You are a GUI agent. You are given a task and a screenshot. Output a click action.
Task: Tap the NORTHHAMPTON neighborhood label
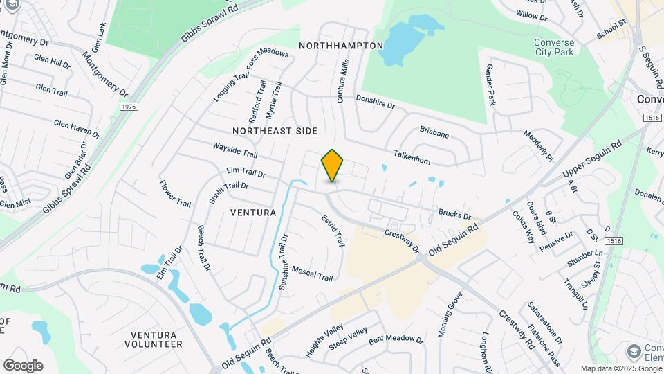[x=341, y=45]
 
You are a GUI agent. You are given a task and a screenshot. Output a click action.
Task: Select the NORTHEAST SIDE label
[x=275, y=130]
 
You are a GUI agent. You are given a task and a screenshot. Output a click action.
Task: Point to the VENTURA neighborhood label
[x=253, y=212]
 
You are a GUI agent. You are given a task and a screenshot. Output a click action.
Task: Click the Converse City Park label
[x=553, y=47]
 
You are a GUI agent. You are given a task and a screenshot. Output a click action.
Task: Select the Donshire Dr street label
[x=375, y=102]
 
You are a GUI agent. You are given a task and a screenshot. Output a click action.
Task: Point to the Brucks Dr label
[x=454, y=215]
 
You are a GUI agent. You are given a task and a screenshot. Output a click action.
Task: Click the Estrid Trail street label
[x=333, y=230]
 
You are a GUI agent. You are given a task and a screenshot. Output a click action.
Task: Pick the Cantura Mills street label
[x=344, y=80]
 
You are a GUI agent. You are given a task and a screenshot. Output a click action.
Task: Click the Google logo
[x=23, y=365]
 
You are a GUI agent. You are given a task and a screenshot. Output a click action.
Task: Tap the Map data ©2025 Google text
[x=620, y=368]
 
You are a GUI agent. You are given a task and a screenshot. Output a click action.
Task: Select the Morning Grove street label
[x=450, y=314]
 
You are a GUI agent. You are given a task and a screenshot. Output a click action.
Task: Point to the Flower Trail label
[x=175, y=194]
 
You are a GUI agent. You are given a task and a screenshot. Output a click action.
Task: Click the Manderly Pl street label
[x=539, y=145]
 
